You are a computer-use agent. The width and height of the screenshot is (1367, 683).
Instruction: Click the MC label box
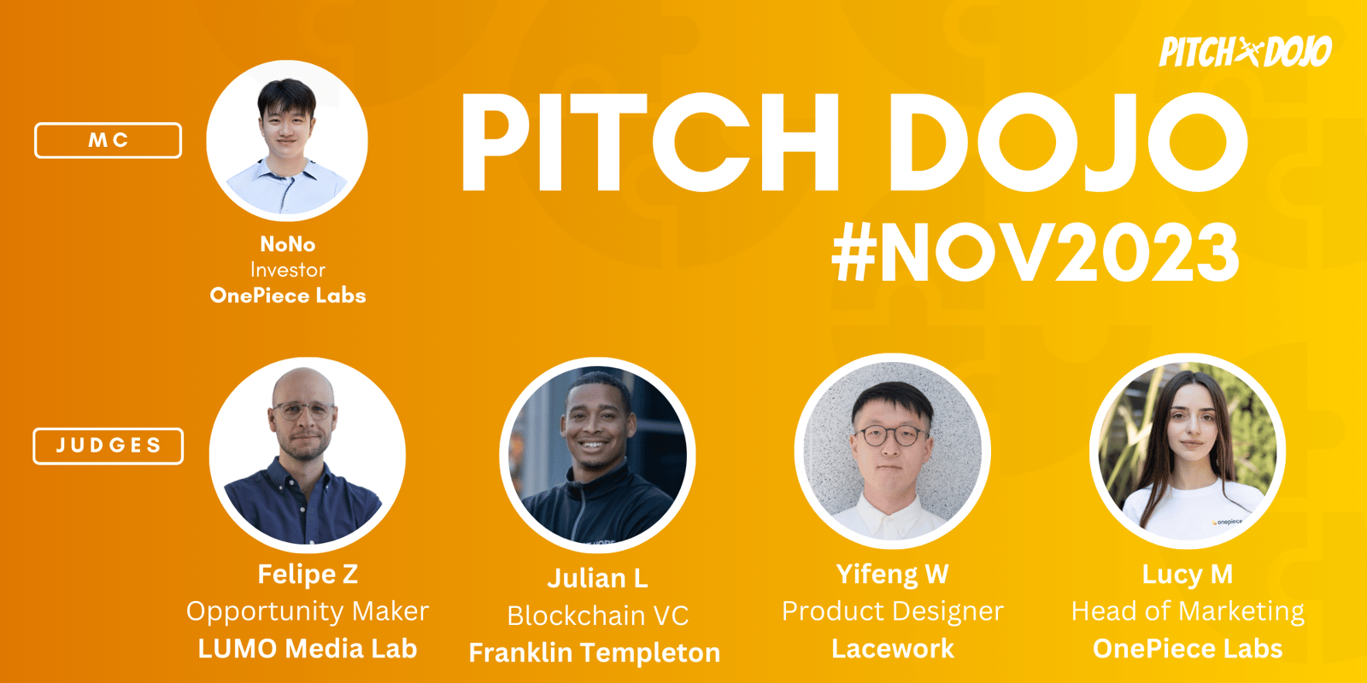(x=108, y=140)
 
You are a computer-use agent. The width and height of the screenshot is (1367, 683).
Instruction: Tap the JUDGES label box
(x=108, y=446)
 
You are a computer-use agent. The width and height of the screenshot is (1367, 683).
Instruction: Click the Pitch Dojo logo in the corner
(x=1245, y=52)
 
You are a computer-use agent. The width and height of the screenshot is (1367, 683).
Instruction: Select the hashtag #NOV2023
(x=1036, y=252)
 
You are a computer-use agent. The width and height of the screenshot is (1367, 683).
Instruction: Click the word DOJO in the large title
(x=1068, y=143)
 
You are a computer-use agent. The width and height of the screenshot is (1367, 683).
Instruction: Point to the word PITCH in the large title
(x=650, y=143)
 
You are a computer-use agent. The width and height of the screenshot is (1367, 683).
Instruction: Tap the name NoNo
(x=287, y=244)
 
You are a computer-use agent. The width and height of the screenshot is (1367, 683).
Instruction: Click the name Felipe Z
(x=308, y=574)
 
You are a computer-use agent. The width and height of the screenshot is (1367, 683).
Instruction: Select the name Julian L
(x=597, y=578)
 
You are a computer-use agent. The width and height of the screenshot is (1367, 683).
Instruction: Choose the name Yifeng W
(x=892, y=575)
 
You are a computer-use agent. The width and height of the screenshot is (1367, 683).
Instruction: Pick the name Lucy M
(x=1188, y=575)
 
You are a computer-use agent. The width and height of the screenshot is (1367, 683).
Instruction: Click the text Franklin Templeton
(x=595, y=652)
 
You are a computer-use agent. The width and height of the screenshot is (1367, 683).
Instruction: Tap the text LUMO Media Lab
(x=308, y=648)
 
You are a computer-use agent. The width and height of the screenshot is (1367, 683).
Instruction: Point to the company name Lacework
(x=893, y=648)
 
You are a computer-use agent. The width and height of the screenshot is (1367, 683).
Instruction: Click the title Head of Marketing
(x=1188, y=611)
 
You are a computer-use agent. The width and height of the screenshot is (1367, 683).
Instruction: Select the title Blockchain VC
(x=597, y=616)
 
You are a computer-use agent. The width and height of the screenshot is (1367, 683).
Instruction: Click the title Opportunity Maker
(x=308, y=611)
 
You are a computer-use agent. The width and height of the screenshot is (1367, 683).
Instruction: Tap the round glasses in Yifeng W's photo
(x=892, y=436)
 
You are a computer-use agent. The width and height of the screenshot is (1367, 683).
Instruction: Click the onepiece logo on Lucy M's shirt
(x=1227, y=522)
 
